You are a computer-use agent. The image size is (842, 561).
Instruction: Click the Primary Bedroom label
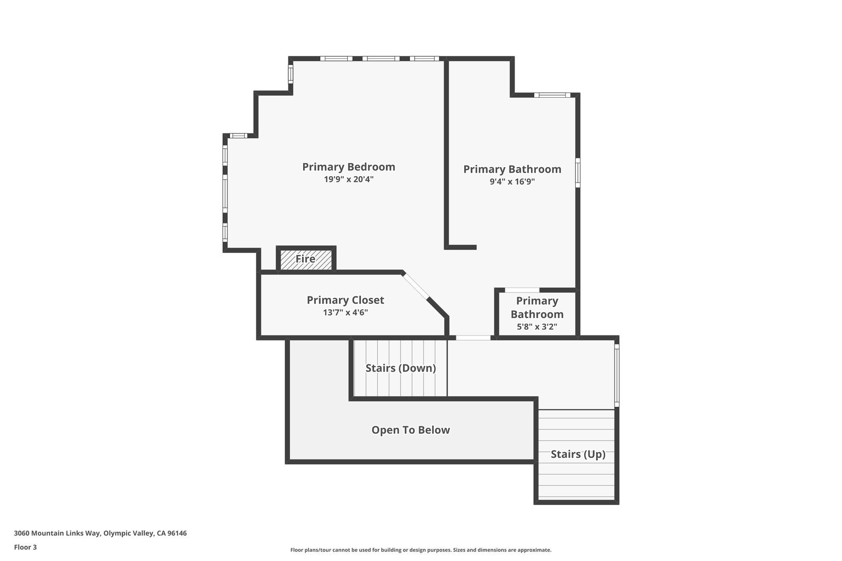pos(348,167)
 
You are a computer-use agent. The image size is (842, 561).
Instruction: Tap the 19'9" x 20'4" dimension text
pos(348,179)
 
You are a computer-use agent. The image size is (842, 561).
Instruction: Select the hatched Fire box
pos(306,259)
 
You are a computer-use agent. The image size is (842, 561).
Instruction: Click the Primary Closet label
pos(345,300)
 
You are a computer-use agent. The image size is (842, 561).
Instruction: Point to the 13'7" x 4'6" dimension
pos(345,312)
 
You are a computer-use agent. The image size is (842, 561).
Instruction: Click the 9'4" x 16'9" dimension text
pos(512,182)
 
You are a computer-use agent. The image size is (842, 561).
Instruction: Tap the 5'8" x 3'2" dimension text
pos(537,327)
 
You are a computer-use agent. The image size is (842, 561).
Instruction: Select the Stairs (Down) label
pos(400,368)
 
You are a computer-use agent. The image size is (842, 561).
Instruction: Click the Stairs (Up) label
pos(578,454)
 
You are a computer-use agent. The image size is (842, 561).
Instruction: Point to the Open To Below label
pos(410,430)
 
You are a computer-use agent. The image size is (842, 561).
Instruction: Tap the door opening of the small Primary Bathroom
pos(522,290)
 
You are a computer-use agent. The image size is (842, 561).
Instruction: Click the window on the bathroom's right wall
pos(577,172)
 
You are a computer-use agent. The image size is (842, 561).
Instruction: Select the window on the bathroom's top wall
pos(552,95)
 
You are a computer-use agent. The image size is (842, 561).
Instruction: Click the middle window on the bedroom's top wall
pos(380,58)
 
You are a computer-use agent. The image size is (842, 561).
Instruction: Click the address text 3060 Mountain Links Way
pos(100,533)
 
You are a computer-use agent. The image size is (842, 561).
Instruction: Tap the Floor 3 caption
pos(25,547)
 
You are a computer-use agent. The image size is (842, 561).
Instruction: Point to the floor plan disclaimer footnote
pos(420,550)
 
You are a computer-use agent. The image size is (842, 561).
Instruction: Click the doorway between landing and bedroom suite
pos(473,338)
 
